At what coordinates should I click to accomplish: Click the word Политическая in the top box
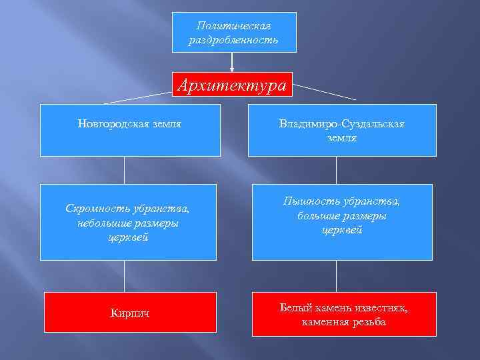coord(233,25)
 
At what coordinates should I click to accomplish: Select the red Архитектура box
coord(232,85)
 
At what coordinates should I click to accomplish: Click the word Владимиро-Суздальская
coord(342,125)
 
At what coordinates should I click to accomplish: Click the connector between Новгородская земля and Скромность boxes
coord(125,170)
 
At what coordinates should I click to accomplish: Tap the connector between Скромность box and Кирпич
coord(125,275)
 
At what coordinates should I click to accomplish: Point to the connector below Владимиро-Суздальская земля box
coord(337,170)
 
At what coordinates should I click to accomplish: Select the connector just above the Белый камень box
coord(337,275)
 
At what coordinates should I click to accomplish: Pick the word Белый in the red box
coord(293,308)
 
